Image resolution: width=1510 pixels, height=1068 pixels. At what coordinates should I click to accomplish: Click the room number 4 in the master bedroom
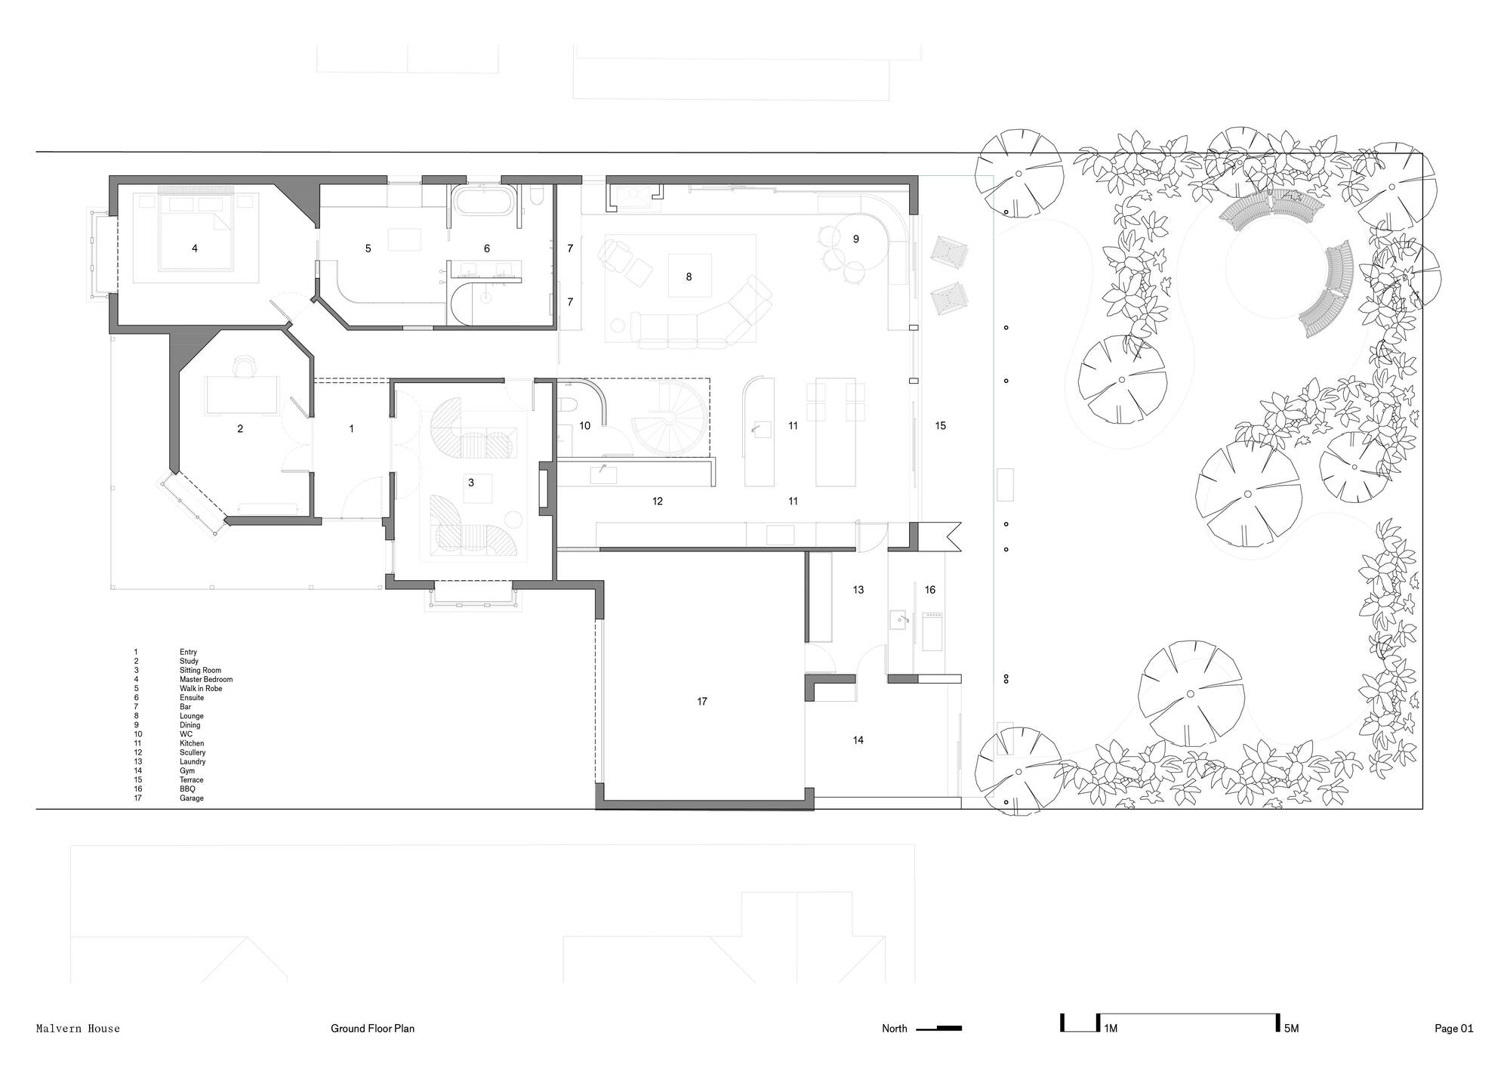tap(195, 248)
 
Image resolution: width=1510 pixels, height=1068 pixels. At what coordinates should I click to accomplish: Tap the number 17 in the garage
tap(702, 702)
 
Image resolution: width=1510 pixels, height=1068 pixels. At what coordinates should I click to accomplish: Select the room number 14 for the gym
tap(858, 740)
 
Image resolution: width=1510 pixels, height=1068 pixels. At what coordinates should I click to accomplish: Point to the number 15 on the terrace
tap(941, 426)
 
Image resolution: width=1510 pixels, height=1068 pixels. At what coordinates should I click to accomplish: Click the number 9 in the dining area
tap(856, 239)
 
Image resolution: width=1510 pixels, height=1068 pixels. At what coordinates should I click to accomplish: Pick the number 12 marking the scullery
tap(658, 501)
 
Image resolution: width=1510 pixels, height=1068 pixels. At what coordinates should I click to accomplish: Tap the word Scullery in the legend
tap(193, 753)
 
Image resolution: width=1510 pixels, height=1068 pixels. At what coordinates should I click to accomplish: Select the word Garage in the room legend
tap(192, 798)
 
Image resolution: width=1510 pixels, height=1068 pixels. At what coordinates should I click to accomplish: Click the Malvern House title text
tap(78, 1029)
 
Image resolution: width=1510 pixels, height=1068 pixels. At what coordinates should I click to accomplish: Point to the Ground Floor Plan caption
tap(372, 1029)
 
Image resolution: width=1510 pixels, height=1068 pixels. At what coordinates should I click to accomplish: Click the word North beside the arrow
tap(895, 1029)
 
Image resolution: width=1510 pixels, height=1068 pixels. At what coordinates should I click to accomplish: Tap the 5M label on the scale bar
tap(1290, 1029)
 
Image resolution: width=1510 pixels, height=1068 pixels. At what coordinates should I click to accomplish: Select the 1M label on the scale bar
tap(1111, 1029)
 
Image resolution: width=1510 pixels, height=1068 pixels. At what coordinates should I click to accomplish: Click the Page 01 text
tap(1454, 1029)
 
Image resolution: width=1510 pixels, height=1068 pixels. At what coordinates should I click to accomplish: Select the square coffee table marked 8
tap(689, 276)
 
